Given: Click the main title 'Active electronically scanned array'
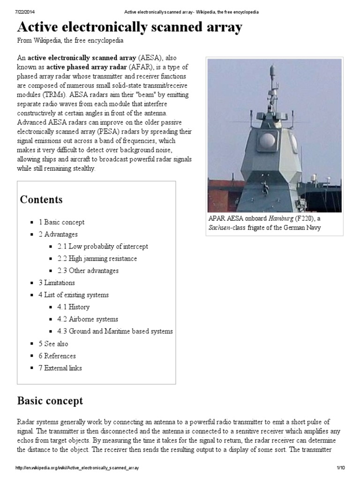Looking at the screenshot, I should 130,28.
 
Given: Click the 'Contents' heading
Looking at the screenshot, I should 41,200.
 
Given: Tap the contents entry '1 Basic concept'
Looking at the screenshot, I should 61,222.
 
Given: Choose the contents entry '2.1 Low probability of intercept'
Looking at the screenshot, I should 103,247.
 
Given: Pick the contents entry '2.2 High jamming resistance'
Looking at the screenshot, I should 97,259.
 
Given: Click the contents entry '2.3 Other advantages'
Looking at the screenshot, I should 88,271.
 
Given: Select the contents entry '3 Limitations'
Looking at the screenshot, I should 56,283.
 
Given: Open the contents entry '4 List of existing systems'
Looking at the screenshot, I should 74,295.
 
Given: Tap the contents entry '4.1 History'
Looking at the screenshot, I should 74,307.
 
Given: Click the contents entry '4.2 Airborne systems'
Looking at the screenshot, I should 88,320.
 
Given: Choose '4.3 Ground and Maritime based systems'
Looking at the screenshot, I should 115,332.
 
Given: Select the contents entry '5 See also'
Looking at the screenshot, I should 53,344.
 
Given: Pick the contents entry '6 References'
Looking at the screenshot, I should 57,356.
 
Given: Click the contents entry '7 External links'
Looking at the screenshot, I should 60,368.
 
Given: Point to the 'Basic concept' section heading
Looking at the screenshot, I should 50,401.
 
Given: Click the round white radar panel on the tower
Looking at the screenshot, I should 268,141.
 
